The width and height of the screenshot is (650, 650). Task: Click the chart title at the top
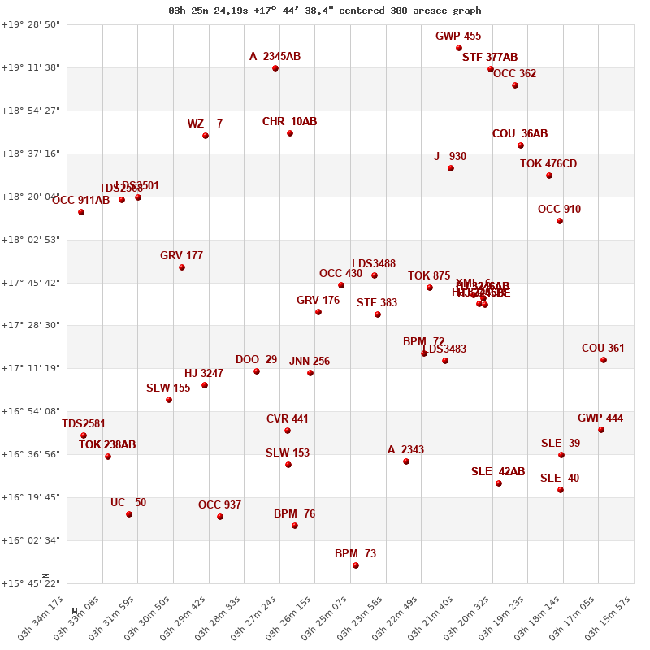click(325, 11)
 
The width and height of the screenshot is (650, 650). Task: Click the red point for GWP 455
click(459, 48)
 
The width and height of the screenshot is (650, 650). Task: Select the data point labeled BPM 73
click(356, 565)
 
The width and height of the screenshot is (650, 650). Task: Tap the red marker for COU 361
click(604, 360)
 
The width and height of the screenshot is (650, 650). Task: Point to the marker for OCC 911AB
click(81, 212)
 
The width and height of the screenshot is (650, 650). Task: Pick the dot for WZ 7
click(206, 136)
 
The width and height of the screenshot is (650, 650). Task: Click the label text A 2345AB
click(275, 57)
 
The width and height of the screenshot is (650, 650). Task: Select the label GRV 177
click(181, 256)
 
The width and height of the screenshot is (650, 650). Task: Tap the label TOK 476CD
click(548, 164)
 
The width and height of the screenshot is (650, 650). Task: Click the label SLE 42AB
click(498, 472)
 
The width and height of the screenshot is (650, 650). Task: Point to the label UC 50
click(128, 503)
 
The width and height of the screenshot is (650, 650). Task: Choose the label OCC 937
click(219, 505)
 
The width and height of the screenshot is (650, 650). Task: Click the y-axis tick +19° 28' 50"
click(30, 24)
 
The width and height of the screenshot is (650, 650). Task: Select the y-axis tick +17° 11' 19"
click(30, 368)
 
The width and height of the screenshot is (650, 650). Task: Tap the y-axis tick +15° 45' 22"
click(30, 583)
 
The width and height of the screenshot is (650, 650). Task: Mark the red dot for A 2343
click(406, 461)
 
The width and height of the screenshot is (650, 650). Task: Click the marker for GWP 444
click(601, 430)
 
